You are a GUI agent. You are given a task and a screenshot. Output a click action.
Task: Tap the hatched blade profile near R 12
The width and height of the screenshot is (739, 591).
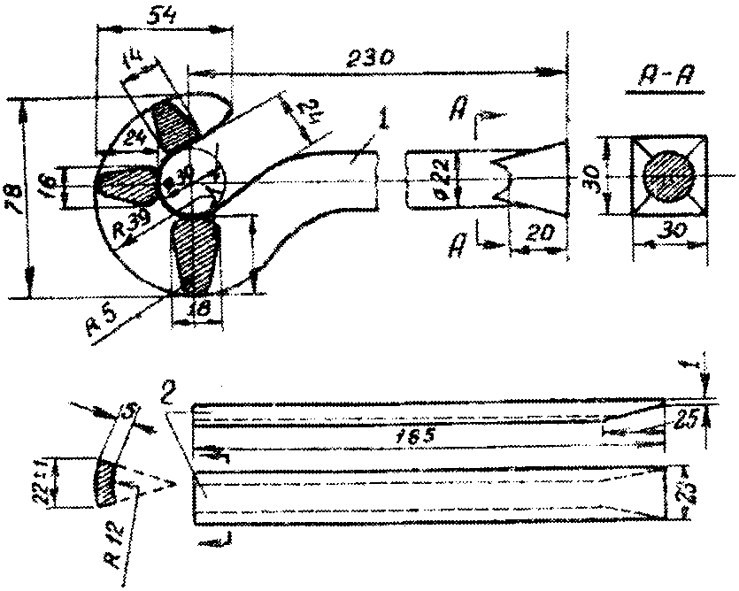point(106,482)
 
